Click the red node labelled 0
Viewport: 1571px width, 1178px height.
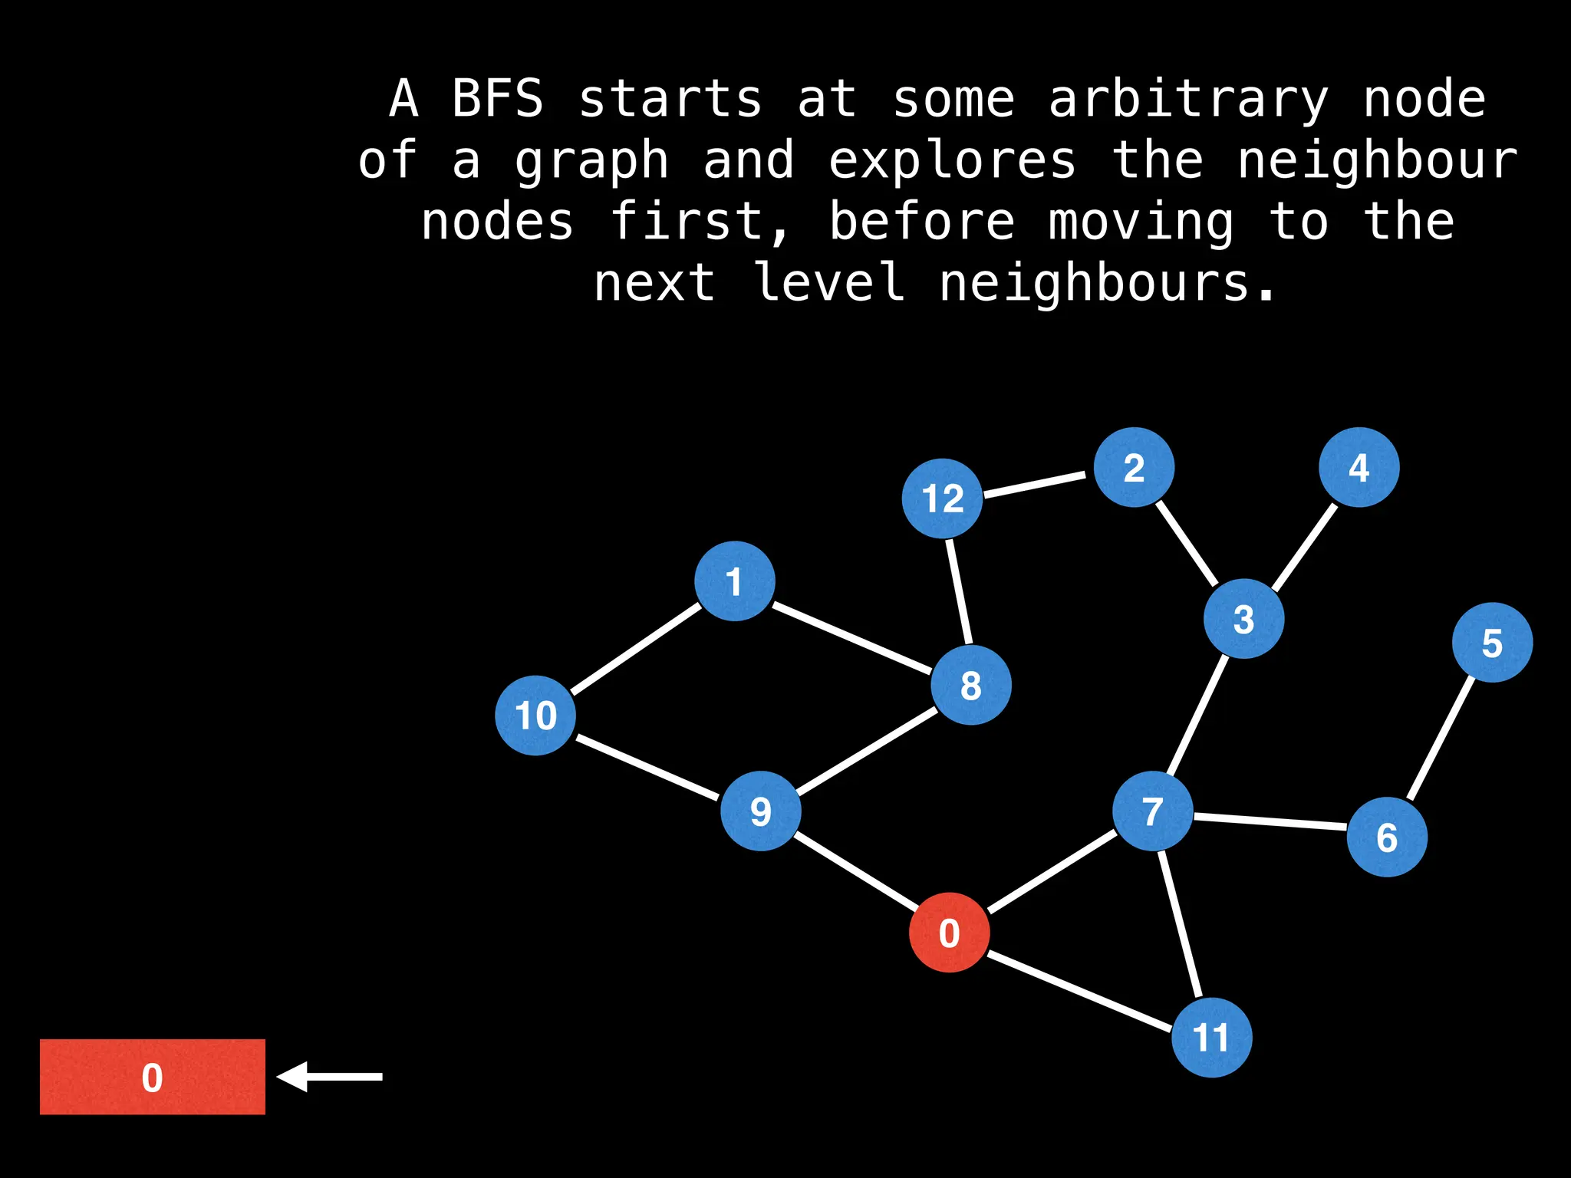949,933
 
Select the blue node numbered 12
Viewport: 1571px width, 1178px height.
942,499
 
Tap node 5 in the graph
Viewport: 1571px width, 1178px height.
1492,643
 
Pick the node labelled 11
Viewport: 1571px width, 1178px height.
1211,1038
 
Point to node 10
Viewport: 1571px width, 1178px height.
535,716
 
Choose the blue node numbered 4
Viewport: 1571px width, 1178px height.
1359,467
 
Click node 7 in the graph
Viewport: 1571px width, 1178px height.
1152,811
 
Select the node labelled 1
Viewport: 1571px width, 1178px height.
735,581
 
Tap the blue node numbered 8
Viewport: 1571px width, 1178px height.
970,685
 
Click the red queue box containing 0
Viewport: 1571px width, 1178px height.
152,1077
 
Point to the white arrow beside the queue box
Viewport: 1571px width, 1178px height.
330,1077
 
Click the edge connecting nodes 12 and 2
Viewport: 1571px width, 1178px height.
1035,485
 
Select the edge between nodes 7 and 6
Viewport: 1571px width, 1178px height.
1270,822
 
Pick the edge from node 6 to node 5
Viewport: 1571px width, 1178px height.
1441,738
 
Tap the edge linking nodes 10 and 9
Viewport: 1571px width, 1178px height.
648,767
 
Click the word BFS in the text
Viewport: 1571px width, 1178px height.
497,100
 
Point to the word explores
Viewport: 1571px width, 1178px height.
952,161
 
